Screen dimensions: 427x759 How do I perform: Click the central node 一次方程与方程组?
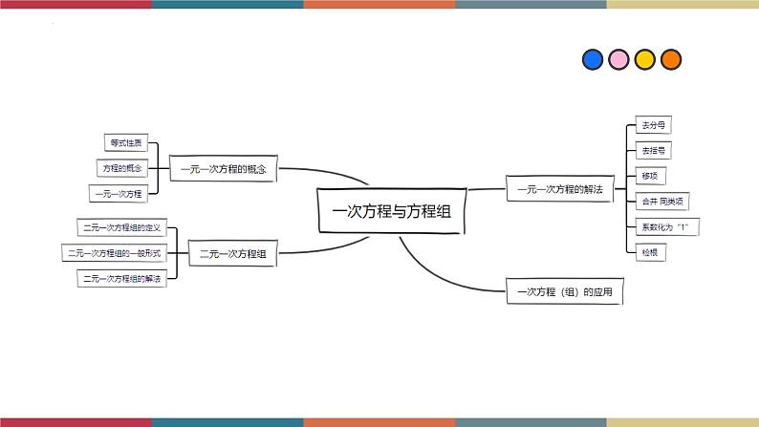pyautogui.click(x=390, y=211)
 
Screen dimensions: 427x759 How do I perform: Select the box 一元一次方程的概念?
pyautogui.click(x=223, y=169)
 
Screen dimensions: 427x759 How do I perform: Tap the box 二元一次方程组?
pyautogui.click(x=232, y=254)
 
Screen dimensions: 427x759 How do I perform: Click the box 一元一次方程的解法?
pyautogui.click(x=559, y=189)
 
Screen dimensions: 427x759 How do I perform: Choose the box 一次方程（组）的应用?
pyautogui.click(x=564, y=290)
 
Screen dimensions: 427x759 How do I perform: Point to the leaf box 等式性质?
pyautogui.click(x=125, y=142)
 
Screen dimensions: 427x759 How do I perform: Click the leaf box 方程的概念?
pyautogui.click(x=122, y=168)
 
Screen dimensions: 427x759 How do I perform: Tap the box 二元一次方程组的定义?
pyautogui.click(x=121, y=227)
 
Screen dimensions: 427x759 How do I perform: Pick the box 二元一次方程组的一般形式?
pyautogui.click(x=114, y=253)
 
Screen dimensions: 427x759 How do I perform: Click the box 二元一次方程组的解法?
pyautogui.click(x=121, y=279)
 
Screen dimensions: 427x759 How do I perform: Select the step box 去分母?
pyautogui.click(x=653, y=125)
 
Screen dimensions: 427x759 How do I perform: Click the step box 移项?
pyautogui.click(x=650, y=176)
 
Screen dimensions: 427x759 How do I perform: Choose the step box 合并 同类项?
pyautogui.click(x=661, y=201)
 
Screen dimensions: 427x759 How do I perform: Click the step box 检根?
pyautogui.click(x=650, y=252)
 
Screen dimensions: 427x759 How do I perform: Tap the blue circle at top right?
pyautogui.click(x=593, y=60)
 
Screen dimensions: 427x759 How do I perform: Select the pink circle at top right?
pyautogui.click(x=618, y=60)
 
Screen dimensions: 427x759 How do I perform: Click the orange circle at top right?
pyautogui.click(x=671, y=60)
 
